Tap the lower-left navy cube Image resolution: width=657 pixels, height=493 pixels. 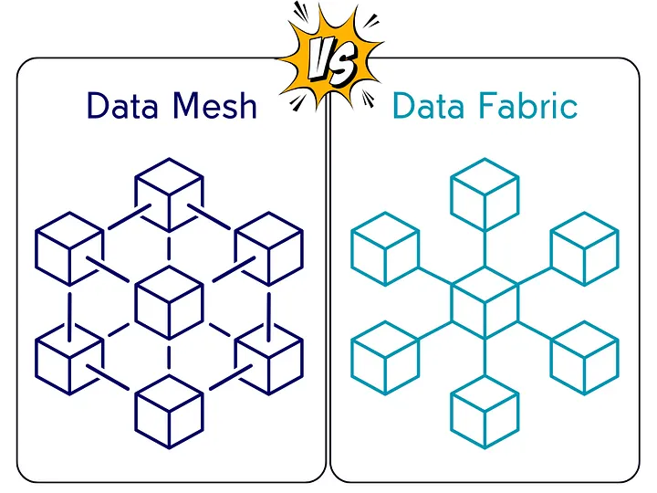point(68,351)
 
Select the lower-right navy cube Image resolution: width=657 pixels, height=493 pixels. point(269,351)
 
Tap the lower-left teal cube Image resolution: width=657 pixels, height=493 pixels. point(385,354)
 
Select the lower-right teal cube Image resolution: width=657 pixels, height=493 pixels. point(585,354)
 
